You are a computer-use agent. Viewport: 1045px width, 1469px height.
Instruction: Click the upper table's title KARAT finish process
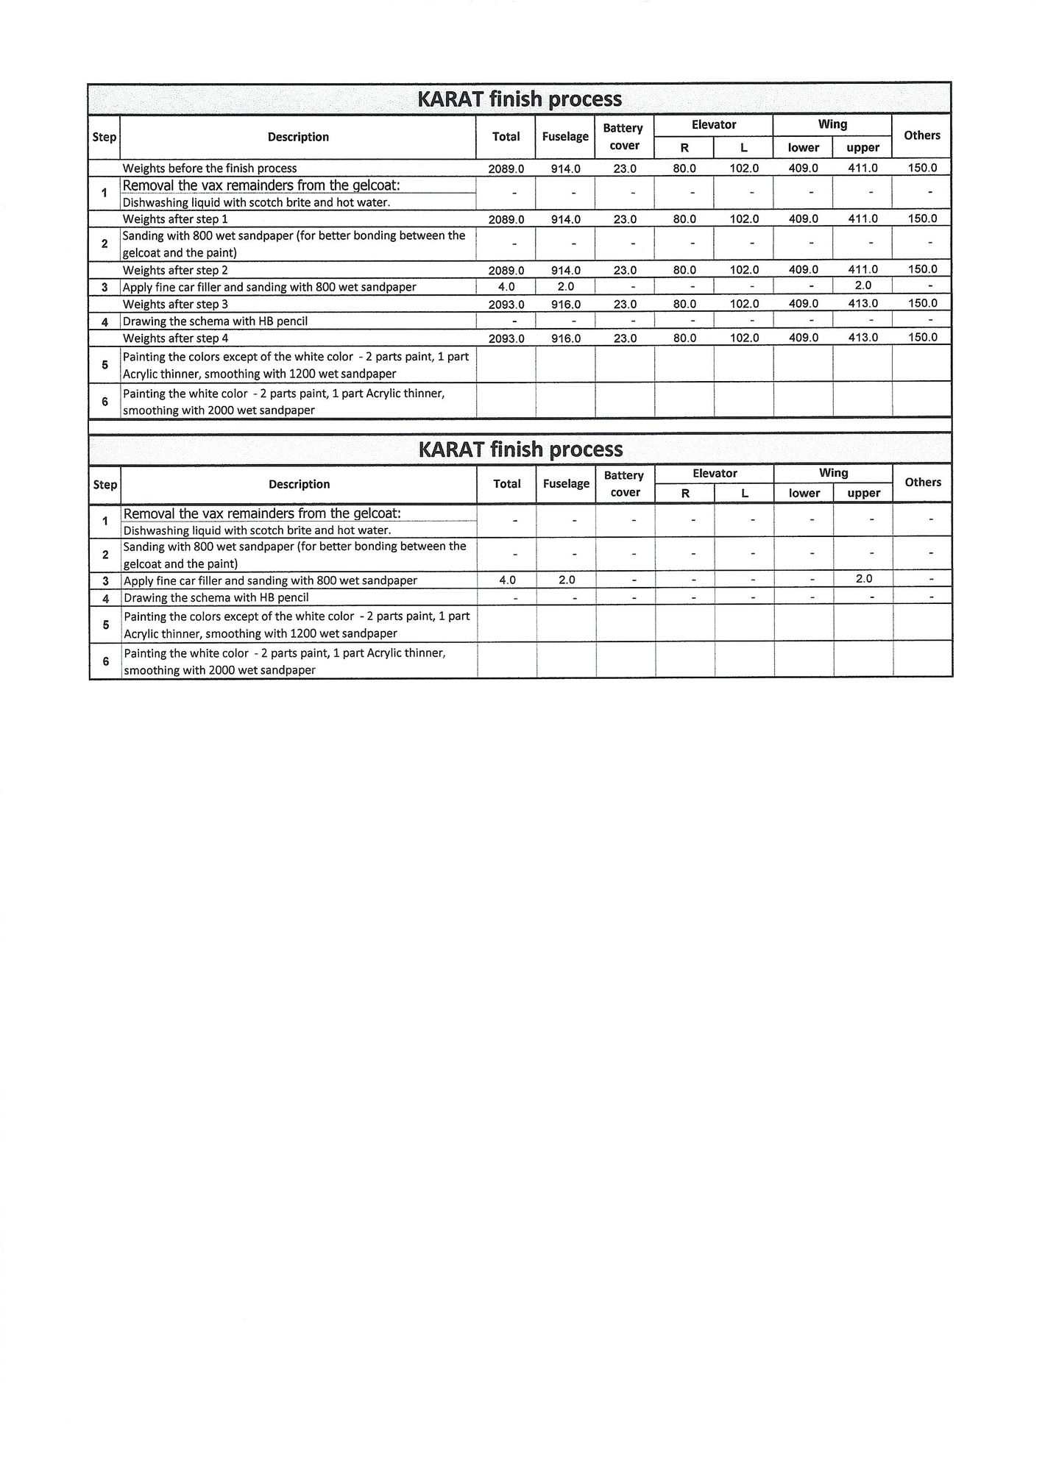(x=520, y=99)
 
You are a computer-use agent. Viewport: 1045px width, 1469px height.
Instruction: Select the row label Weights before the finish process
(x=210, y=168)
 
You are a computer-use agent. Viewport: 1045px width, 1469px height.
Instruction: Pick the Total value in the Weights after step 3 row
(x=506, y=305)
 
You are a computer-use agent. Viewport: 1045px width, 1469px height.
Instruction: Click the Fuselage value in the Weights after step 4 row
(x=565, y=338)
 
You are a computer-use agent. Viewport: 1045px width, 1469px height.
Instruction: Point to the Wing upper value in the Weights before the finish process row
(x=862, y=168)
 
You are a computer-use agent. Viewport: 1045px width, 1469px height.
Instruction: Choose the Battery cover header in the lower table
(x=624, y=484)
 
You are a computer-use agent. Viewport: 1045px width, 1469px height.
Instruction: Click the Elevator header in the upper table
(x=714, y=125)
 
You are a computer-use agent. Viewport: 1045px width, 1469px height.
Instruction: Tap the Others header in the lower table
(x=923, y=483)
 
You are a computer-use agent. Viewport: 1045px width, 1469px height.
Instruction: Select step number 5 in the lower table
(x=105, y=625)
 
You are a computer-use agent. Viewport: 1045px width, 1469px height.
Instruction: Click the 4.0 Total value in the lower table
(x=507, y=580)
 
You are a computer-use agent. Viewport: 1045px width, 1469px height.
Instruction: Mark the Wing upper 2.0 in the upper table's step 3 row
(x=862, y=286)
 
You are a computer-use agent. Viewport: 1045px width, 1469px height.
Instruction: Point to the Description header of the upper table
(x=298, y=137)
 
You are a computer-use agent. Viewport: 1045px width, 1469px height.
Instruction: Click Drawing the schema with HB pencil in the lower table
(x=216, y=598)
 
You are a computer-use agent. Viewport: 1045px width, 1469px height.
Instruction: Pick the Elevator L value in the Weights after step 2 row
(x=744, y=271)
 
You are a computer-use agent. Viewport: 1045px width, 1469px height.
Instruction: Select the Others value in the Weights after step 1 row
(x=922, y=219)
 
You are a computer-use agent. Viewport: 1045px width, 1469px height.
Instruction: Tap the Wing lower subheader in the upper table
(x=803, y=148)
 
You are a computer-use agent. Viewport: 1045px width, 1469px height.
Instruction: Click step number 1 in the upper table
(x=104, y=193)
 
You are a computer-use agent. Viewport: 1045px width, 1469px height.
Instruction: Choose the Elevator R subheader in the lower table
(x=685, y=494)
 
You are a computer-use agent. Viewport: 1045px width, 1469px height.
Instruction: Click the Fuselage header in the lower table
(x=566, y=484)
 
